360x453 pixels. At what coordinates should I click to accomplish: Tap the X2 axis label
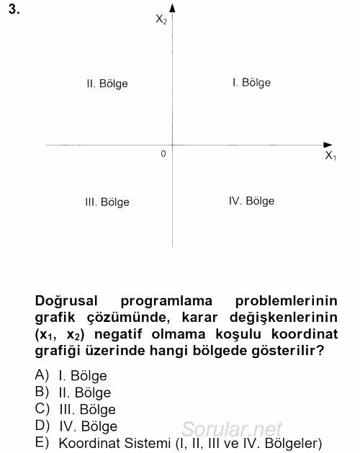point(161,19)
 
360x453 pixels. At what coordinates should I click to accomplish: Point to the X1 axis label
point(330,156)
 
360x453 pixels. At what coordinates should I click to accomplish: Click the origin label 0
point(163,153)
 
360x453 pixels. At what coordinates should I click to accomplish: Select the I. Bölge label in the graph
point(251,83)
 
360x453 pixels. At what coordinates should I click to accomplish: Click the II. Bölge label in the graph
point(107,84)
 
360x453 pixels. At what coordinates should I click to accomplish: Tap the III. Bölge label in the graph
point(107,202)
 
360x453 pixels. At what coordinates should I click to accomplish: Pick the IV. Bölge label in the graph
point(251,202)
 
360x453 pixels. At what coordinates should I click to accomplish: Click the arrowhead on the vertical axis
point(173,8)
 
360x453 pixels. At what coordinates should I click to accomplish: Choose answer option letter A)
point(42,375)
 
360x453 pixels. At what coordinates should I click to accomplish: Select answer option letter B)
point(42,392)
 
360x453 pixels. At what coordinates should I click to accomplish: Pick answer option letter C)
point(42,408)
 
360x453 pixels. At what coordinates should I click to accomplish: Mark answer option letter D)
point(42,426)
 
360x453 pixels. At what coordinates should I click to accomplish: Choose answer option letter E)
point(42,442)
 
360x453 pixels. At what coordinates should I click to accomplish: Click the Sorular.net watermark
point(232,429)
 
